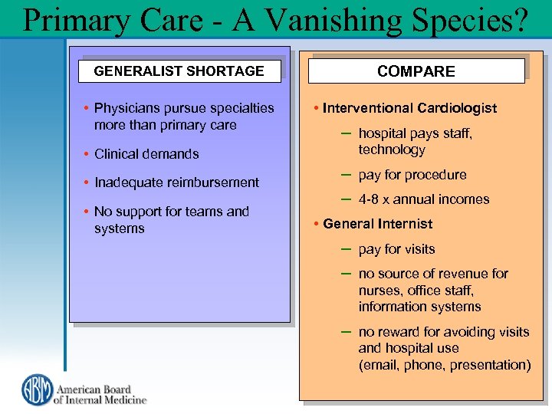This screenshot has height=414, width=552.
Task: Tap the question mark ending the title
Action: (x=521, y=20)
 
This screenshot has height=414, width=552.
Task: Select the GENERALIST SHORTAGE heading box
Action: (x=179, y=71)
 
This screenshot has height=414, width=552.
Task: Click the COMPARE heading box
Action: (x=416, y=71)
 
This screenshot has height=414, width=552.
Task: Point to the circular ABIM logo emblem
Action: (x=35, y=389)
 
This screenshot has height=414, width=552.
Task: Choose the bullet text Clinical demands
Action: (x=146, y=154)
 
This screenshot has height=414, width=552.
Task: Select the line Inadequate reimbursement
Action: (x=176, y=182)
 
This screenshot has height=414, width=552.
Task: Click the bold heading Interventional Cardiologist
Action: (x=409, y=108)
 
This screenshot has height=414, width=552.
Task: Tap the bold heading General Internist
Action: (x=377, y=224)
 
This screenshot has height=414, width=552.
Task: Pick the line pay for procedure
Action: (x=412, y=175)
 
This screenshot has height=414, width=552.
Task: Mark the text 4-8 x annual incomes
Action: (x=423, y=199)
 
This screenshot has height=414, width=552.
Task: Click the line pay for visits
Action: (x=396, y=249)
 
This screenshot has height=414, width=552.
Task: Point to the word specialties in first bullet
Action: (x=238, y=108)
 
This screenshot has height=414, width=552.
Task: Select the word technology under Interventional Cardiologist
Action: (x=391, y=150)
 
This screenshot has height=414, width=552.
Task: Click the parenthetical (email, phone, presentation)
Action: (x=445, y=365)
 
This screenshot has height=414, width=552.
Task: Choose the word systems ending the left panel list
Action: (x=119, y=228)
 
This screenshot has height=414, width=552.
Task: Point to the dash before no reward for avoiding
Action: (x=345, y=331)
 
